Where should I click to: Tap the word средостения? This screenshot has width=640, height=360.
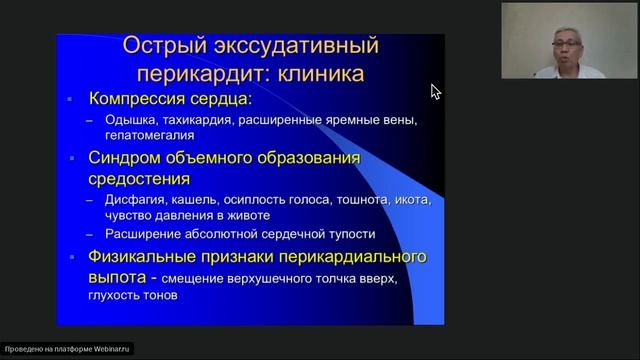tap(140, 179)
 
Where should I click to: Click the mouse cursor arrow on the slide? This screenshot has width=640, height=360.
tap(435, 91)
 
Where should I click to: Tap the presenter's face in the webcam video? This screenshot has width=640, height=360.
tap(563, 45)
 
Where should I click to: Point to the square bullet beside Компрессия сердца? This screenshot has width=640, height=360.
tap(70, 101)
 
